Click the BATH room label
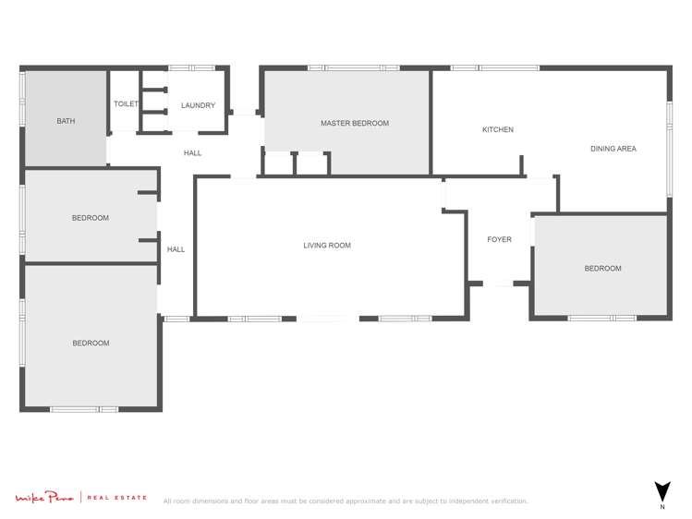66,121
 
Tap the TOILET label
126,104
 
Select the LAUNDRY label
198,105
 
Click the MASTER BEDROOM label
355,123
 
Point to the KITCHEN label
498,129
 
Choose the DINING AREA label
613,149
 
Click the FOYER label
499,240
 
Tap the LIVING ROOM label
327,246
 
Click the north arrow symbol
662,490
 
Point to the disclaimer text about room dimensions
346,501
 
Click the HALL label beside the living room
176,249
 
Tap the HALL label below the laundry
192,153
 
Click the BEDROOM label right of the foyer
602,269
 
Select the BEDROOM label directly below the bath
91,218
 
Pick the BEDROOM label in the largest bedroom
91,344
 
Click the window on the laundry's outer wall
191,67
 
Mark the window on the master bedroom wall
354,67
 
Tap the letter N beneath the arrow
662,507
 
